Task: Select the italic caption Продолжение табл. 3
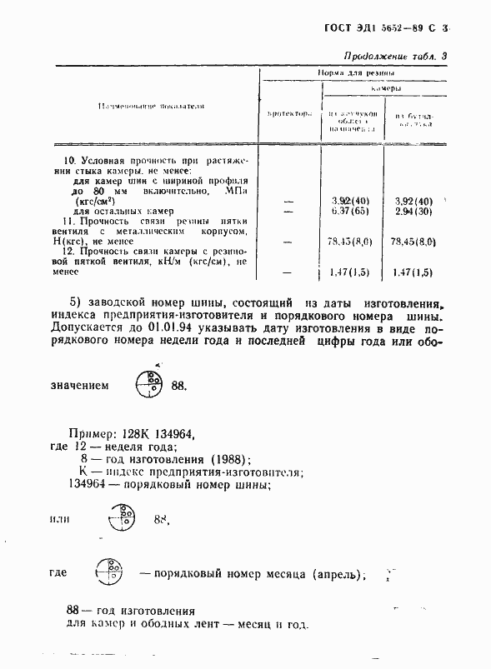pyautogui.click(x=396, y=57)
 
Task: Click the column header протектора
pyautogui.click(x=288, y=112)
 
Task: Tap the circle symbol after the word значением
pyautogui.click(x=150, y=384)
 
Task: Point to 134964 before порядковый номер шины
pyautogui.click(x=88, y=486)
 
